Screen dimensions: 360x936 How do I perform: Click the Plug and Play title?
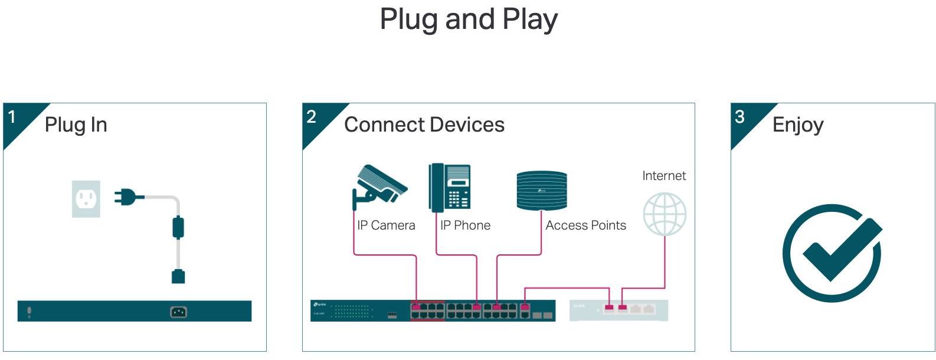click(469, 19)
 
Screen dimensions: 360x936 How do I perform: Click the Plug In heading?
click(76, 125)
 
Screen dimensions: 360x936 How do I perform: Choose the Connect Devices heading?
click(424, 125)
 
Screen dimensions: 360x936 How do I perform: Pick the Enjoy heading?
click(797, 125)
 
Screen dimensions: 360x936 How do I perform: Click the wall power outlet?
click(86, 199)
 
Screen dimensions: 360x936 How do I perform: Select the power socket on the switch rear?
click(178, 312)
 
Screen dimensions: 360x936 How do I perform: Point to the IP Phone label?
click(465, 225)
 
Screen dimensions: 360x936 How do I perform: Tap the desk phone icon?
click(450, 187)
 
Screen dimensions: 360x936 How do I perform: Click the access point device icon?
click(541, 190)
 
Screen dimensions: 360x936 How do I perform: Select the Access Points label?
click(585, 225)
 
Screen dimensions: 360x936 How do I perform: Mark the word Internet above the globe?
click(664, 176)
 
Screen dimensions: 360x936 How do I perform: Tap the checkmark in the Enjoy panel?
click(833, 253)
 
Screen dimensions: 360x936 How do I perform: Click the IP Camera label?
click(386, 225)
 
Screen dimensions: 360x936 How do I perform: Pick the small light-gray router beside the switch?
click(618, 310)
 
